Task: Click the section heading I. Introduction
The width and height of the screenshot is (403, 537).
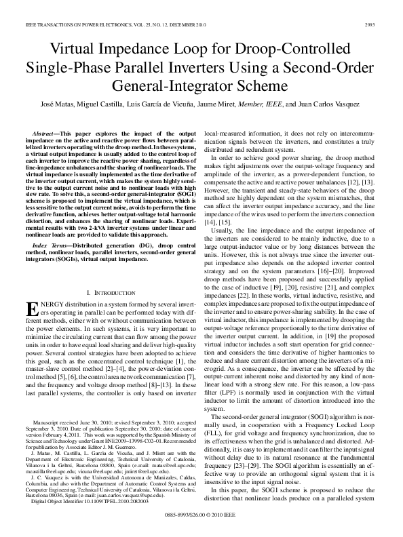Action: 112,273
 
